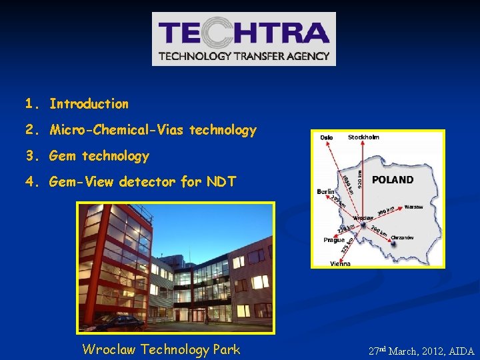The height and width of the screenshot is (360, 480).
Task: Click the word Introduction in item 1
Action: [89, 104]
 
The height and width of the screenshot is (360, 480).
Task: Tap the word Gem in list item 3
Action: [63, 156]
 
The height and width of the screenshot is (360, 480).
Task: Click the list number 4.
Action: [30, 181]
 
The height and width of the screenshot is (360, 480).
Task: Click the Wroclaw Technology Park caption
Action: [161, 349]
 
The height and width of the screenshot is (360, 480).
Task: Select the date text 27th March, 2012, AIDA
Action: [421, 351]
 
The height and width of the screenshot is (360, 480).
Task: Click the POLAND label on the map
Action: [393, 179]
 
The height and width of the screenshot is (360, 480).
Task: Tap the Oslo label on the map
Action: [326, 137]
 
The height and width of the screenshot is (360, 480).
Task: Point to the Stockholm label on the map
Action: [363, 137]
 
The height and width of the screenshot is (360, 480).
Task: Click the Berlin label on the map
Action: [327, 191]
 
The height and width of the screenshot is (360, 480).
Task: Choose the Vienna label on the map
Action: [340, 263]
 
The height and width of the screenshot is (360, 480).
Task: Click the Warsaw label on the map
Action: [413, 207]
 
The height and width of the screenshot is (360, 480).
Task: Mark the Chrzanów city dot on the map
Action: [393, 244]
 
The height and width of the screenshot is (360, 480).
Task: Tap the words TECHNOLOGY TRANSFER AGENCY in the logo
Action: [244, 56]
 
